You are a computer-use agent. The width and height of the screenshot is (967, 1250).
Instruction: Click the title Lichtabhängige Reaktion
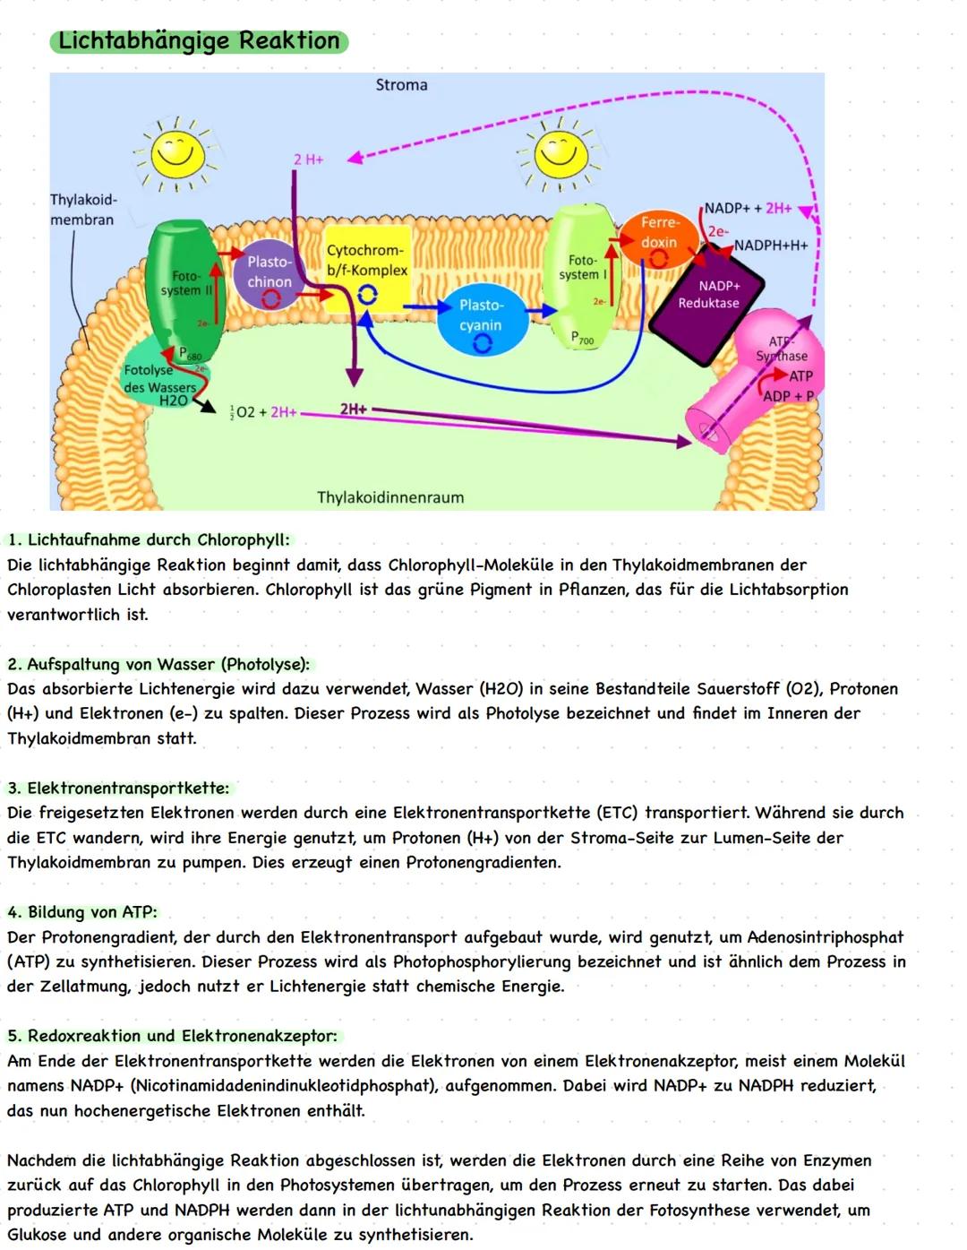coord(199,41)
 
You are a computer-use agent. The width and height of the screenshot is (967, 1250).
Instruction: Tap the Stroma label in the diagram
coord(401,85)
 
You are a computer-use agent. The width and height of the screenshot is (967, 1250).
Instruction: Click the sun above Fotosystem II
coord(176,155)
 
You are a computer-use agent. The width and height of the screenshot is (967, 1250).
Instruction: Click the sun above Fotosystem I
coord(561,155)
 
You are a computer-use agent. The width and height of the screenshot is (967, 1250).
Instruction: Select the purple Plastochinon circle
coord(269,272)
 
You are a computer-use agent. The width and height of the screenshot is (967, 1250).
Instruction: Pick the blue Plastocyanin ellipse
coord(481,316)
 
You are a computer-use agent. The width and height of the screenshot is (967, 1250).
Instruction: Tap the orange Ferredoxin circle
coord(659,234)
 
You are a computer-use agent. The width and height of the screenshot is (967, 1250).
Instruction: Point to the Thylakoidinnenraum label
coord(390,497)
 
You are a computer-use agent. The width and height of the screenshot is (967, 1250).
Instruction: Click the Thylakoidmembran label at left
coord(82,210)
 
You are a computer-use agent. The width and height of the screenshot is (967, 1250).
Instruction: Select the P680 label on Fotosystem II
coord(190,354)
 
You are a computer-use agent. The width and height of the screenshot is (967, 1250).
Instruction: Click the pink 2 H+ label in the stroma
coord(308,159)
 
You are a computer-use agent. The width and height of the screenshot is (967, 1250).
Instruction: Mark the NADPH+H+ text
coord(771,246)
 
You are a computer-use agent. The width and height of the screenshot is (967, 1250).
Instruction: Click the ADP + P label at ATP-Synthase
coord(788,396)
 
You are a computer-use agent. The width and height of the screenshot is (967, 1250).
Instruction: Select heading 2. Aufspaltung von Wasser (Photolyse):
coord(158,665)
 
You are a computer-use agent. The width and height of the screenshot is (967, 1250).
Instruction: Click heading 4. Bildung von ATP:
coord(82,912)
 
